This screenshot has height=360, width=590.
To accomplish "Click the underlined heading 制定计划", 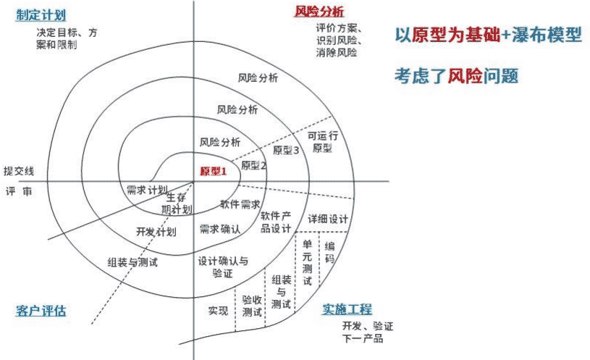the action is coord(41,15).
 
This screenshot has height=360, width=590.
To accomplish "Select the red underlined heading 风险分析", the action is coord(319,11).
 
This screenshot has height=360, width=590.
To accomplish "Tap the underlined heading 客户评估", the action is coord(41,311).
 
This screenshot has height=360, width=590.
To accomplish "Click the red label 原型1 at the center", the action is coord(214,171).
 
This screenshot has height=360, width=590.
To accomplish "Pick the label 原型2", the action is coord(254,166).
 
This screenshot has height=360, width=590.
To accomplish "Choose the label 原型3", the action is coord(286,151).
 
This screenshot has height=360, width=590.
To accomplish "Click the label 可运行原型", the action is coord(321,141).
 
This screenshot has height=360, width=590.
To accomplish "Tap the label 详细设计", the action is coord(328,219).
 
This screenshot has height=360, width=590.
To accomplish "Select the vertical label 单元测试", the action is coord(308,262).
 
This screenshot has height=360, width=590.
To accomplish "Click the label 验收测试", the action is coord(252,306).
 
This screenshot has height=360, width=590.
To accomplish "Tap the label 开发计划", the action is coord(156,232).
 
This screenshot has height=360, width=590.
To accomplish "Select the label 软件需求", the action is coord(240,204).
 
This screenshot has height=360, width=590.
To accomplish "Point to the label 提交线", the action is coord(19,170).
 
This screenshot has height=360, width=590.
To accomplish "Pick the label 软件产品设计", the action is coord(275,222).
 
